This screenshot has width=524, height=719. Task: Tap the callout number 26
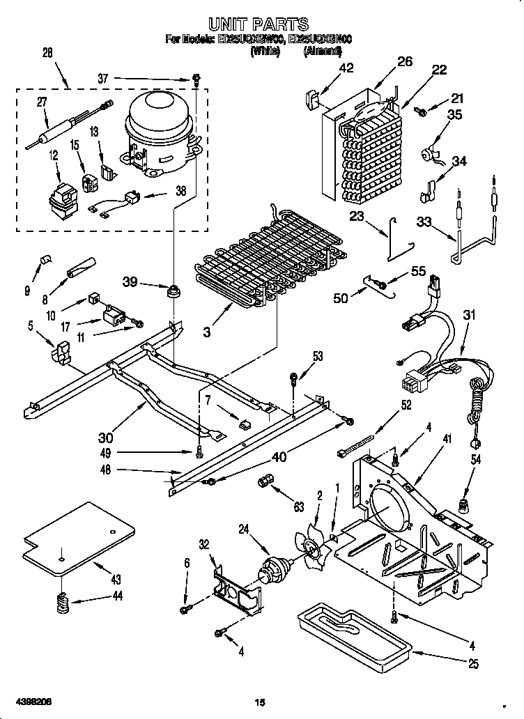(405, 62)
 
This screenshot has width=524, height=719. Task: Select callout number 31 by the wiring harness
(470, 315)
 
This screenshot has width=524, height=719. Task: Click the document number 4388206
(32, 700)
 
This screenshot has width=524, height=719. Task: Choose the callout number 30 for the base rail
(105, 438)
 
